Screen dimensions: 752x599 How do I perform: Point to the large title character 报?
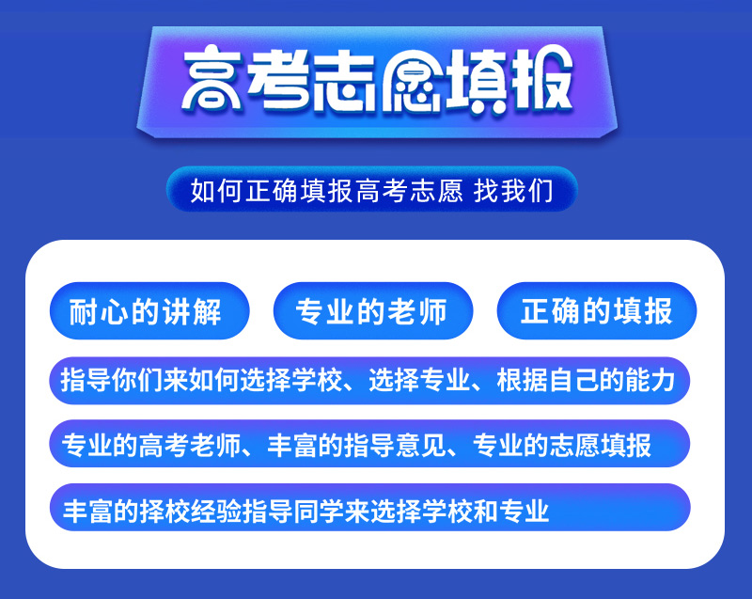(x=542, y=79)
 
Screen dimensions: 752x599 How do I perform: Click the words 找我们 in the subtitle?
(x=513, y=190)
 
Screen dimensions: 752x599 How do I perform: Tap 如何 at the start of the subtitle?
(x=217, y=190)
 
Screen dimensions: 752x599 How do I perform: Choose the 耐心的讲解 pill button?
(x=149, y=310)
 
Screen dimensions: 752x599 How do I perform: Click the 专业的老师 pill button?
(x=373, y=310)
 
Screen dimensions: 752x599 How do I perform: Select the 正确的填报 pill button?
(x=597, y=310)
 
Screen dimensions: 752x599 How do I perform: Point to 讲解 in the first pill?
(x=192, y=312)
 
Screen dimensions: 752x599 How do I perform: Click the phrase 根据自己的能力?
(x=586, y=380)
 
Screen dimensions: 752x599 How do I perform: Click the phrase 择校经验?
(x=191, y=511)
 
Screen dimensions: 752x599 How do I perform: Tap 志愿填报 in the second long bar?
(x=600, y=446)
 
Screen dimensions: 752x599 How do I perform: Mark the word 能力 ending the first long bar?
(x=650, y=380)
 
